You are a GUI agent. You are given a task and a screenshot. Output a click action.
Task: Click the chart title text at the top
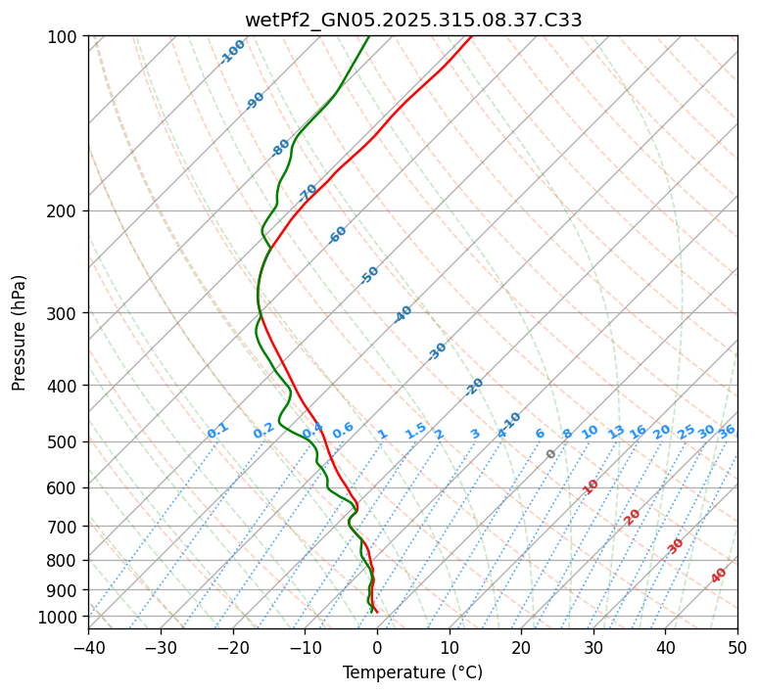point(412,20)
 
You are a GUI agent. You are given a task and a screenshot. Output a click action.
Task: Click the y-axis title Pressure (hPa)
point(20,332)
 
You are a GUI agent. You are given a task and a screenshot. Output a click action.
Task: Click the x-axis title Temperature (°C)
point(412,673)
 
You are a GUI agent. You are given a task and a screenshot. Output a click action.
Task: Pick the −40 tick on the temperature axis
point(88,647)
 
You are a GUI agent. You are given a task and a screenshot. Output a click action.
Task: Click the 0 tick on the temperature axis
point(377,647)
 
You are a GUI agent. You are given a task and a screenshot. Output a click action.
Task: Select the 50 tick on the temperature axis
point(737,647)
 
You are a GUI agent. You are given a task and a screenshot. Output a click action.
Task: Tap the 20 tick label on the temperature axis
point(521,647)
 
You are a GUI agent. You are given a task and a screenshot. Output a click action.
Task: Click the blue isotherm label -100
point(232,51)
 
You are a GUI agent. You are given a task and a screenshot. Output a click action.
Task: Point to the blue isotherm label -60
point(338,235)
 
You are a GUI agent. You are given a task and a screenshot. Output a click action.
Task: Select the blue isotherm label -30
point(438,350)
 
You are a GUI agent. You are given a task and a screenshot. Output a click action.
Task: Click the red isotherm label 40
point(719,576)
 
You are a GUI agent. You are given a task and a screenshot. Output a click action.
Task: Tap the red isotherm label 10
point(591,486)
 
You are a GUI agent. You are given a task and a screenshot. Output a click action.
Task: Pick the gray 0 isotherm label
point(551,454)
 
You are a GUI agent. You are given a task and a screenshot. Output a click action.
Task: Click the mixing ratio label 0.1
point(217,430)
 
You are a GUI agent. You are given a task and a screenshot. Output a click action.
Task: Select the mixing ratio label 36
point(727,431)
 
